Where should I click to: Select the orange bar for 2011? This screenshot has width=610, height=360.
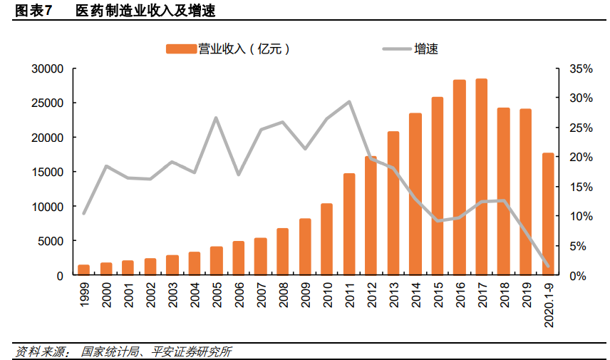(x=349, y=224)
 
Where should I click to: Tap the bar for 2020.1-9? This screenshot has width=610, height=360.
(x=548, y=214)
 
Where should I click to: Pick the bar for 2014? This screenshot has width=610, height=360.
(x=415, y=194)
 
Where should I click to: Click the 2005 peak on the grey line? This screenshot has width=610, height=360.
(x=217, y=118)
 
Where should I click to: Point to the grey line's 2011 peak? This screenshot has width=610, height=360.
(x=349, y=101)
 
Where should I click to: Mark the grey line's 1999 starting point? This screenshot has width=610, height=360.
(x=84, y=213)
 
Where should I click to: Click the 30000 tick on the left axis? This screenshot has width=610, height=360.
(x=49, y=69)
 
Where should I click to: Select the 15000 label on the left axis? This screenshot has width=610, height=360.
(x=49, y=172)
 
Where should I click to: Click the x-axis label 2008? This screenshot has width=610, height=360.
(x=283, y=294)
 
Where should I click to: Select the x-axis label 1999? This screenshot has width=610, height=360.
(x=84, y=294)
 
